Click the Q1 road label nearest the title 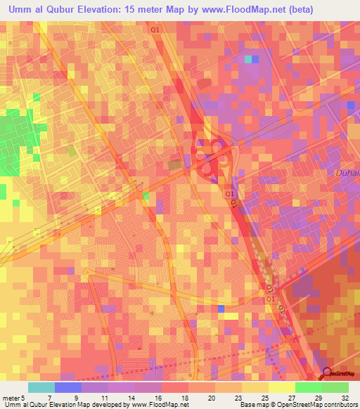[x=155, y=30]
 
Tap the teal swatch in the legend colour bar [x=41, y=387]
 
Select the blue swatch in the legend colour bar [x=68, y=387]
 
